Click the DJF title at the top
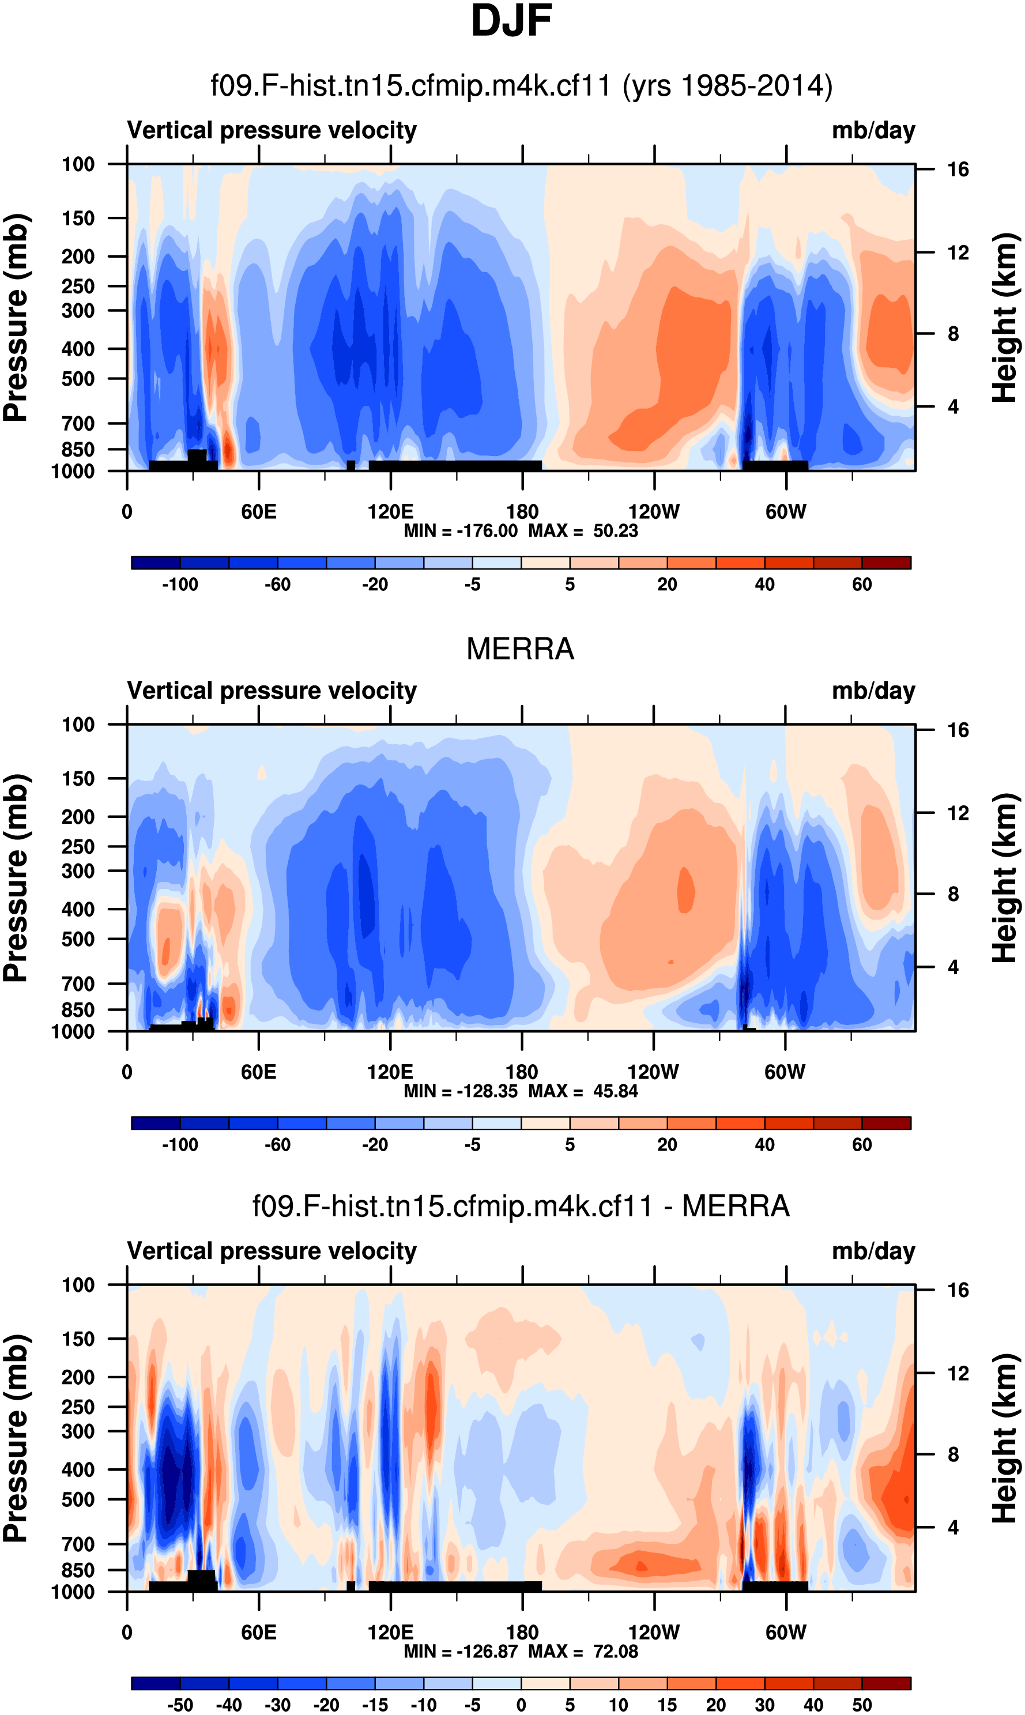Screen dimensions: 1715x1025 [x=511, y=21]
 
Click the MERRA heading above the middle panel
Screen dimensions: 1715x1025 [x=520, y=649]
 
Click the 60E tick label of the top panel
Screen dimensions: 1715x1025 [x=259, y=512]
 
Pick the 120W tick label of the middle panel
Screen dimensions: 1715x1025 [x=653, y=1072]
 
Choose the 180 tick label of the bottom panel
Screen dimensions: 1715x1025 [x=522, y=1632]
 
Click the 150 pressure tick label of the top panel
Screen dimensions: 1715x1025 [x=78, y=218]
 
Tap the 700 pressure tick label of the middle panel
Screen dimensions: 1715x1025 [x=78, y=983]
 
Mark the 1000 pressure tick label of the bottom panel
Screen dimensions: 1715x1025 [x=73, y=1592]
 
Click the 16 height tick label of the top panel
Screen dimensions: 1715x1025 [x=958, y=169]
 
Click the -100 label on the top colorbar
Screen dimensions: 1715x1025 [x=180, y=585]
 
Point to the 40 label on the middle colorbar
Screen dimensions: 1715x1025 [x=764, y=1144]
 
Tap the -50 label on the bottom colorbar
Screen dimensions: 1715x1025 [x=180, y=1705]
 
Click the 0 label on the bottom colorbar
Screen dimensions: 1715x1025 [x=522, y=1705]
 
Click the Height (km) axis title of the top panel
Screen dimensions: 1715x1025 [x=1005, y=318]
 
